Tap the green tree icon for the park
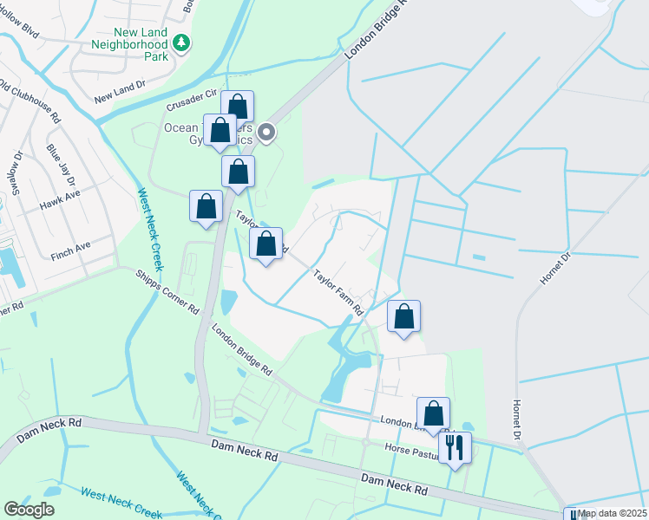pos(181,41)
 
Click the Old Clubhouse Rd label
pos(29,99)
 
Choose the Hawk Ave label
pos(58,205)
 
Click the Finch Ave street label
pos(71,247)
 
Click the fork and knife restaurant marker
pos(455,448)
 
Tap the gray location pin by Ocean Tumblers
pos(267,133)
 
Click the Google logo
pos(29,510)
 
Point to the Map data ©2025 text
pos(611,513)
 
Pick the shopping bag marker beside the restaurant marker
pos(433,413)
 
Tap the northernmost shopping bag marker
pos(238,107)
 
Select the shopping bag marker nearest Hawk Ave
pos(206,208)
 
